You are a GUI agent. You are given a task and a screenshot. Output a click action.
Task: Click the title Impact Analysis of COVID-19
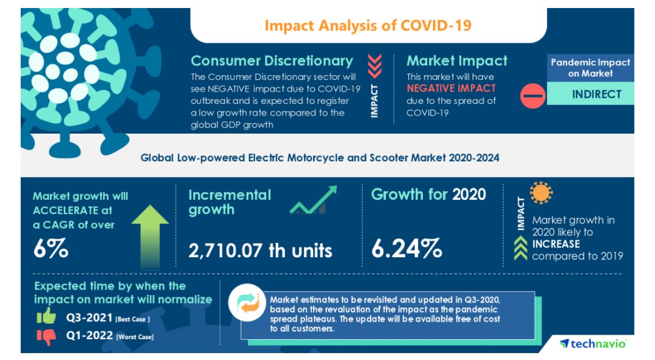click(368, 26)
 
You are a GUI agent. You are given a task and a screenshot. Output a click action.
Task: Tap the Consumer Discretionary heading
click(272, 61)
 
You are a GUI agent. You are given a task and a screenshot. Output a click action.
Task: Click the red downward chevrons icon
click(375, 66)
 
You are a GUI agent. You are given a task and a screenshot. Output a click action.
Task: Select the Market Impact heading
click(457, 61)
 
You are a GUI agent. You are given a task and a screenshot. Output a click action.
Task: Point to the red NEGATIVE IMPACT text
click(451, 88)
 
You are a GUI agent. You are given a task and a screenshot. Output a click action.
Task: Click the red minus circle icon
click(533, 95)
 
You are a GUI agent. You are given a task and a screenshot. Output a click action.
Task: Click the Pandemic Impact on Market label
click(590, 68)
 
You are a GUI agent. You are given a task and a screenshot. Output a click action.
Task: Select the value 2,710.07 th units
click(260, 250)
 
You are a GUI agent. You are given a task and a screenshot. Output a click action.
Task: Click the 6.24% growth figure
click(406, 249)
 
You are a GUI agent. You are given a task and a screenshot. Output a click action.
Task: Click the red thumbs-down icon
click(47, 337)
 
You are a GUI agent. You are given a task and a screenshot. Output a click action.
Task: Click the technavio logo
click(592, 343)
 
